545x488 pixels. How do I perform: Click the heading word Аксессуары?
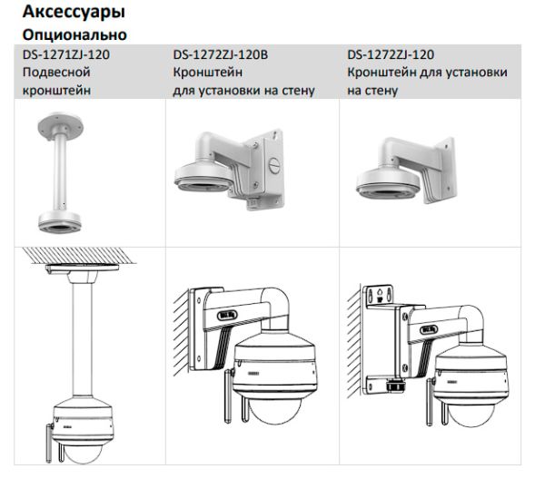(x=74, y=14)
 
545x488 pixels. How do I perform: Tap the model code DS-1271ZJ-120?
(x=66, y=55)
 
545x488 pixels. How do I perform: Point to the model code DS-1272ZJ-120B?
(x=221, y=55)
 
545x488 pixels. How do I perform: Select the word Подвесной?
(x=54, y=73)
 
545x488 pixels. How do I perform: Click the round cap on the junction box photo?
(x=275, y=165)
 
